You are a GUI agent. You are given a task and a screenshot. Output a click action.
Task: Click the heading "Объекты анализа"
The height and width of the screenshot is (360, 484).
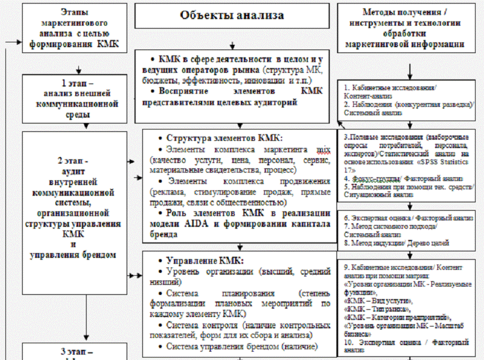(232, 16)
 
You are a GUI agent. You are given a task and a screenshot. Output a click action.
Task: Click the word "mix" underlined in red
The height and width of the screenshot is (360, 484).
(322, 149)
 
